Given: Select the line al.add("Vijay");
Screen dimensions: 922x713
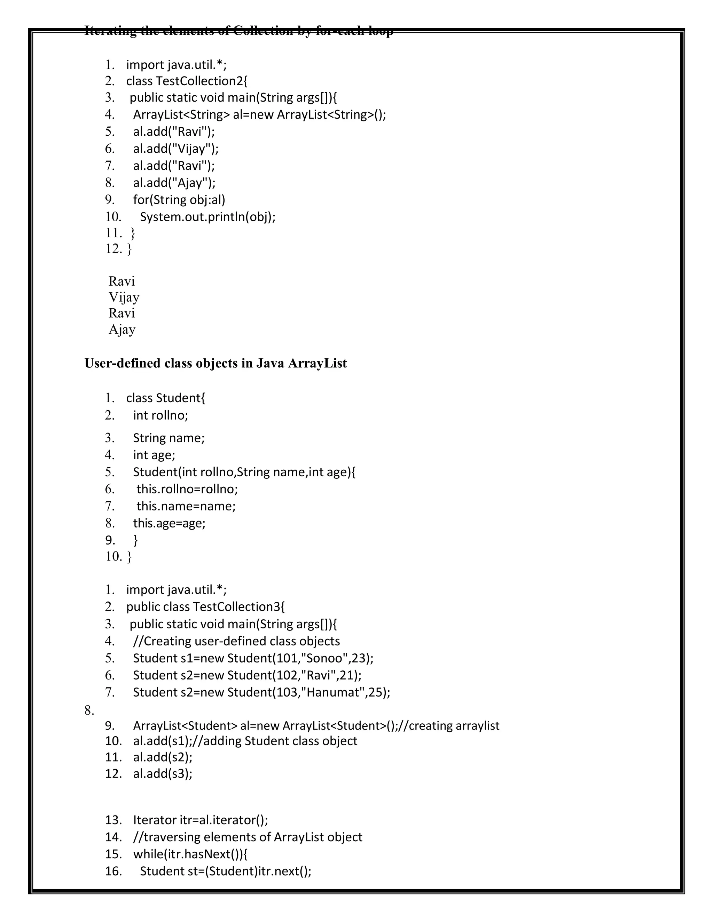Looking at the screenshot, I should [176, 149].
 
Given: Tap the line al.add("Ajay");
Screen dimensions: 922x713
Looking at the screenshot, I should [174, 183].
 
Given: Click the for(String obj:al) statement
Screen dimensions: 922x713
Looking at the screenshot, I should [179, 200].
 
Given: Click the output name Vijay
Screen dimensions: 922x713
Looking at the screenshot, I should [124, 297].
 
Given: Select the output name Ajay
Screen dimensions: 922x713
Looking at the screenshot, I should [122, 329].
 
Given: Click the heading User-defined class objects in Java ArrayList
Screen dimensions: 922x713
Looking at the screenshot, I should [216, 363].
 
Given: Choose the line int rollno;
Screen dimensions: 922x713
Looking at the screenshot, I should [160, 415].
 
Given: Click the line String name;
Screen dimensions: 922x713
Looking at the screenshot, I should [169, 438].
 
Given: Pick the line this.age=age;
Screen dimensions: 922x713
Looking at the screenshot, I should [169, 523].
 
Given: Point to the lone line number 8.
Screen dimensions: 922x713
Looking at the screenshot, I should [89, 710].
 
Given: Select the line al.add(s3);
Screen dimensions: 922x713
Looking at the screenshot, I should [163, 773].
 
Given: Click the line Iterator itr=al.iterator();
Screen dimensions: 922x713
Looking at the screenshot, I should [200, 820].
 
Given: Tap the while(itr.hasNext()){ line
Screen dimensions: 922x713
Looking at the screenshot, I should [190, 854].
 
